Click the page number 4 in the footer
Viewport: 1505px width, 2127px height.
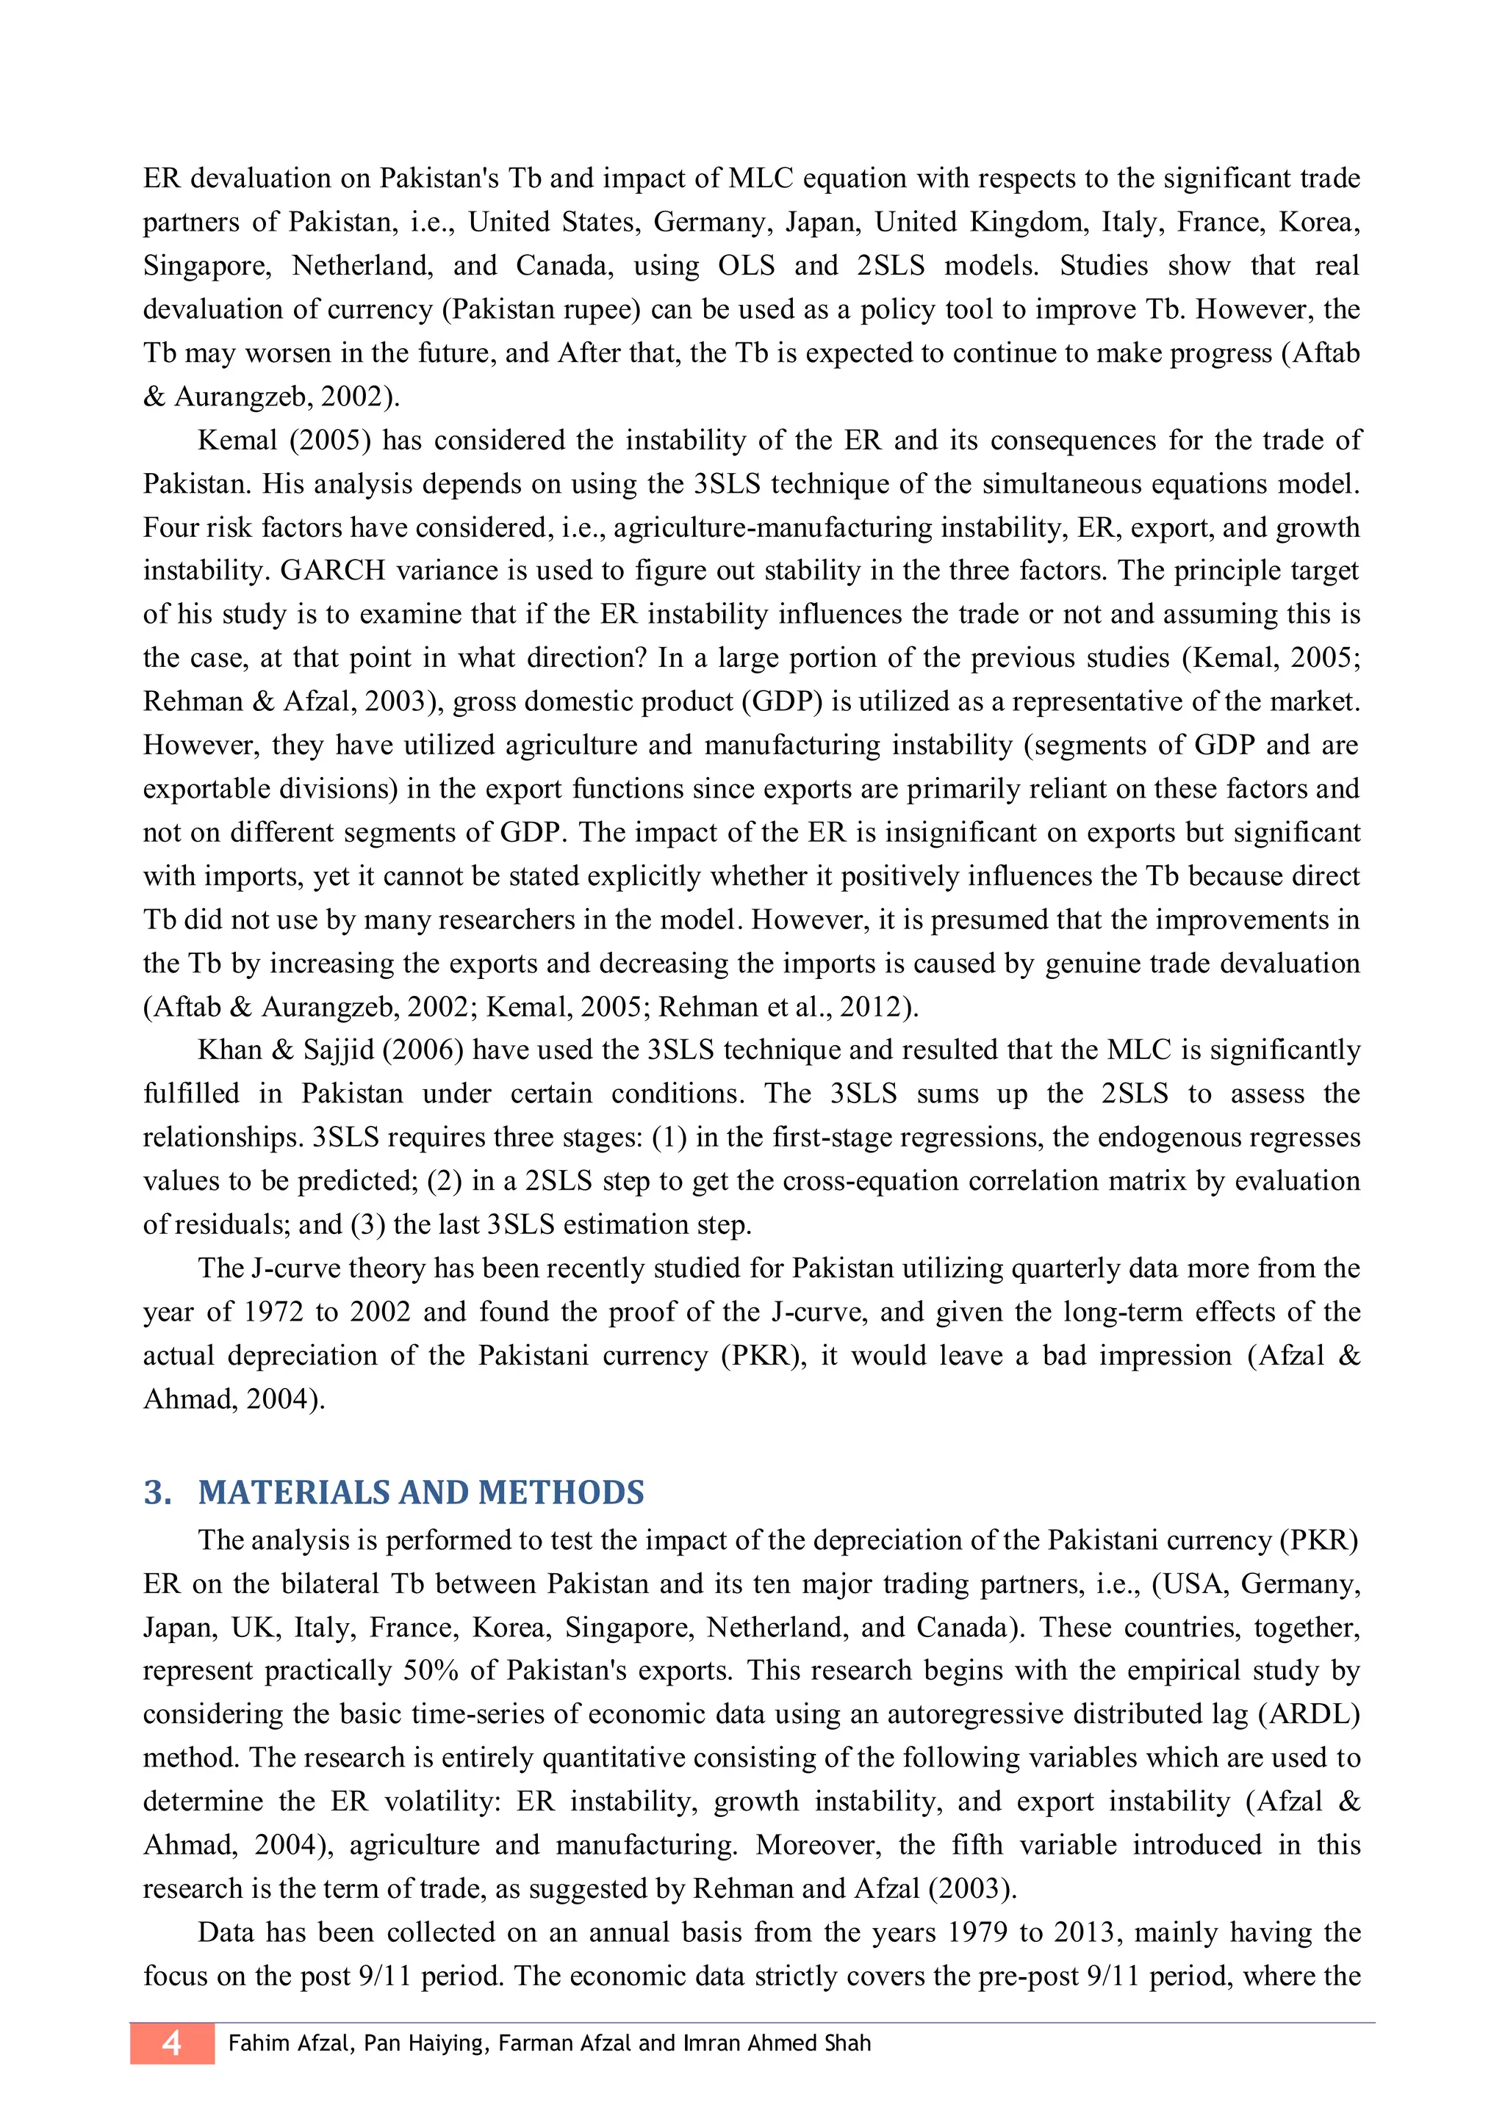click(171, 2043)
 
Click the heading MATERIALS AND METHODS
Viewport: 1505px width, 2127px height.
click(421, 1492)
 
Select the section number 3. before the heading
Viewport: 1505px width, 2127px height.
click(157, 1492)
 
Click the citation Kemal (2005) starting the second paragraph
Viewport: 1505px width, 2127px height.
click(284, 440)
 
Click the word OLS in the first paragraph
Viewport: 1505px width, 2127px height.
click(746, 266)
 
